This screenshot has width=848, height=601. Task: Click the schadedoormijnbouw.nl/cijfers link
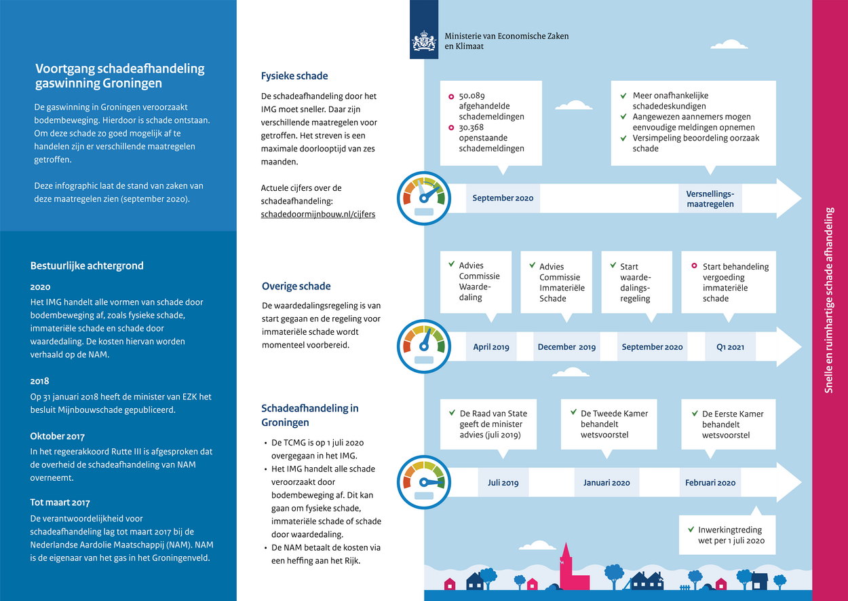tap(318, 213)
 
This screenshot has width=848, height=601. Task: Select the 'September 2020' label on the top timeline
tap(503, 198)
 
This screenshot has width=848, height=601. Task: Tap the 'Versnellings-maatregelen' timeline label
tap(710, 198)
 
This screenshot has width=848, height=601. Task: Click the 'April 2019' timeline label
tap(491, 347)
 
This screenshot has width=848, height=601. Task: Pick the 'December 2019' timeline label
tap(566, 347)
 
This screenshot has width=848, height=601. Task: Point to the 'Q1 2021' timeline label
tap(730, 347)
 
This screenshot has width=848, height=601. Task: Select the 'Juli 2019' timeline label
tap(503, 483)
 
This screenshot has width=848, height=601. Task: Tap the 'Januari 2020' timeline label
tap(606, 483)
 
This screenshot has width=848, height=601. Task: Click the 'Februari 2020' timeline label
tap(710, 483)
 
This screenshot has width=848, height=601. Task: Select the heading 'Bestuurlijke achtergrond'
tap(87, 266)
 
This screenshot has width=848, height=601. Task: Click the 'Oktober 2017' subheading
tap(58, 436)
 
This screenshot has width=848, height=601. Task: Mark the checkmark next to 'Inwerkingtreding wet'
tap(690, 529)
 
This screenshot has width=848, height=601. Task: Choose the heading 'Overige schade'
tap(296, 286)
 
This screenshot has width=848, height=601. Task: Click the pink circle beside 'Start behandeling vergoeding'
tap(694, 266)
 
